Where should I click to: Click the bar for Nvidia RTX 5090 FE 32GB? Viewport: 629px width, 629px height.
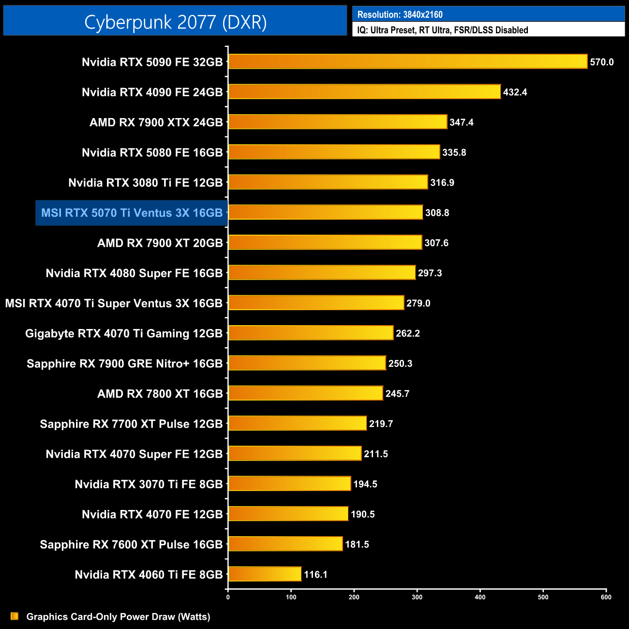click(407, 61)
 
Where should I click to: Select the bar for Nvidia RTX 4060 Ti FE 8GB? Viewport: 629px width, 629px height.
click(265, 574)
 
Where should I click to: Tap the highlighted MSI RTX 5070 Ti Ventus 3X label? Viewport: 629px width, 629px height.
click(132, 213)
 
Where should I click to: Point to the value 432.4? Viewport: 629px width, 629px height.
click(515, 92)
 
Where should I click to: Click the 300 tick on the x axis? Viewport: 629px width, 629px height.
click(417, 597)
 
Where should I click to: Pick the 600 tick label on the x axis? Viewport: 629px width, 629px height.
click(606, 597)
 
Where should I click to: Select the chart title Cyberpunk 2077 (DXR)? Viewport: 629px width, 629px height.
click(175, 22)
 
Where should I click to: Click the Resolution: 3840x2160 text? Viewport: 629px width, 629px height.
click(400, 15)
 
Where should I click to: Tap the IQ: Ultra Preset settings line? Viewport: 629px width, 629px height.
click(442, 30)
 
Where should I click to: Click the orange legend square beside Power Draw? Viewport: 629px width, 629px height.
click(15, 616)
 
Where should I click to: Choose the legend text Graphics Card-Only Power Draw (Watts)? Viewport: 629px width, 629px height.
click(118, 616)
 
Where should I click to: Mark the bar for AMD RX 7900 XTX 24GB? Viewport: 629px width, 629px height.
click(337, 122)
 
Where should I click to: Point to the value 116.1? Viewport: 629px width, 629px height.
click(315, 574)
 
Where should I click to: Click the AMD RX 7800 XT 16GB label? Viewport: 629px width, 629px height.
click(160, 394)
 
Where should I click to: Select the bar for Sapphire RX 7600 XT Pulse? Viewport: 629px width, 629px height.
click(285, 544)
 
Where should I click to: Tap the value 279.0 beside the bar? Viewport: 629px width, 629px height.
click(418, 303)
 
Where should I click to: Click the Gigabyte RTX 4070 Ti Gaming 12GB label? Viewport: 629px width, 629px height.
click(124, 333)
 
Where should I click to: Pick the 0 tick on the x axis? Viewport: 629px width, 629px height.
click(228, 597)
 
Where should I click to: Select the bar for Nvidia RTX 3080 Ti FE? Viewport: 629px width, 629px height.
click(328, 182)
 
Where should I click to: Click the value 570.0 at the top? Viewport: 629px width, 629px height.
click(601, 62)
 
